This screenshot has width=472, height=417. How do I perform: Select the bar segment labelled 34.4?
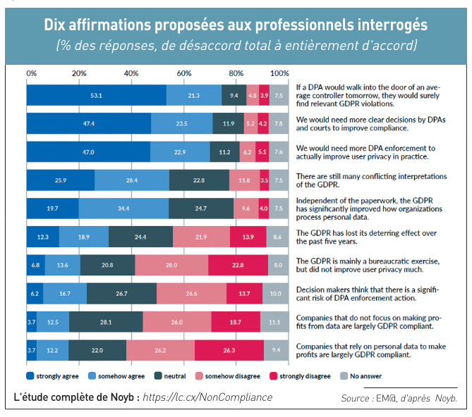123,208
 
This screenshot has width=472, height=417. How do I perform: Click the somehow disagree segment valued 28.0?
171,265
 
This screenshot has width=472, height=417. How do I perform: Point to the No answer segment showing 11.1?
274,322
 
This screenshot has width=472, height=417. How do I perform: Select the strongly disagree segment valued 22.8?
238,265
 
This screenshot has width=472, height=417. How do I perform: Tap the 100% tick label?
279,73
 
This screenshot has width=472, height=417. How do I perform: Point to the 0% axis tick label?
32,73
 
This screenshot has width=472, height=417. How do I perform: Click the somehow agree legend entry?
100,376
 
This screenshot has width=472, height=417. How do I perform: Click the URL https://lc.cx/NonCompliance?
207,397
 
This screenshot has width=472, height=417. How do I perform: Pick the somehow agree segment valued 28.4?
129,180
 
